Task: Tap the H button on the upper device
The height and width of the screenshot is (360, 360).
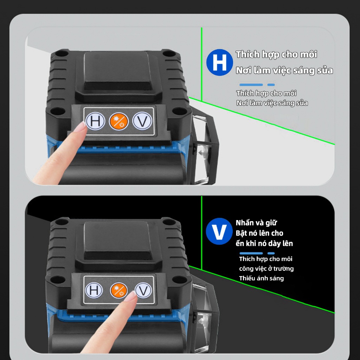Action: point(95,121)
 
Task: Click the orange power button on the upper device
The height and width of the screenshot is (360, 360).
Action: point(118,121)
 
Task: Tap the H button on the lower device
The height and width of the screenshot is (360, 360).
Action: point(94,290)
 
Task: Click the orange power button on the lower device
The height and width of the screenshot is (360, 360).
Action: point(119,290)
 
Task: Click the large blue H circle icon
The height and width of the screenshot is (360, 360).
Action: point(219,62)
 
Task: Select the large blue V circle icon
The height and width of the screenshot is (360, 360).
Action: point(219,231)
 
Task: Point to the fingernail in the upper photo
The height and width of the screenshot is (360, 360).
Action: point(81,127)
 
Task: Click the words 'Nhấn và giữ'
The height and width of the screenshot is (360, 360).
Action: point(256,223)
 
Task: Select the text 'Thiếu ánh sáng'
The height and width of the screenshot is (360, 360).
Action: point(262,278)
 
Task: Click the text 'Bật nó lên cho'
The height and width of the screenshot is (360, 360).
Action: point(259,233)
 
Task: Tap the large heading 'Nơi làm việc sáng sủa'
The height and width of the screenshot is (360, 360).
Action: point(284,70)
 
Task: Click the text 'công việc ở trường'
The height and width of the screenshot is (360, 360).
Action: point(266,269)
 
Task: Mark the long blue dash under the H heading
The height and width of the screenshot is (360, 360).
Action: point(251,85)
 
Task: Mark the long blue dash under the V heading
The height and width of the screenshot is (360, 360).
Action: point(251,253)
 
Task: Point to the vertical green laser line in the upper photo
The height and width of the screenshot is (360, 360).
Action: point(201,64)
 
